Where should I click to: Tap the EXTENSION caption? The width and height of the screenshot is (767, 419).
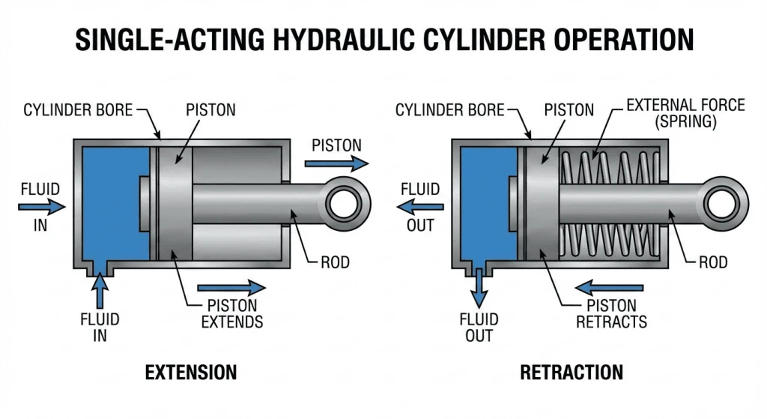191,373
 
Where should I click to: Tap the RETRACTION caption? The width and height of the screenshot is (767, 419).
572,373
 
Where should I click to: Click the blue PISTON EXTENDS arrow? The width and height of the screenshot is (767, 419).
231,287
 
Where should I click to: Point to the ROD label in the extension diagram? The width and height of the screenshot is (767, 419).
335,263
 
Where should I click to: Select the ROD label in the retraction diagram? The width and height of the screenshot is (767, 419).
713,263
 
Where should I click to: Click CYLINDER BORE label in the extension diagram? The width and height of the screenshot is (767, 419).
78,111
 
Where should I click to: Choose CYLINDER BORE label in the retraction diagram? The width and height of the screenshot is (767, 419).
449,111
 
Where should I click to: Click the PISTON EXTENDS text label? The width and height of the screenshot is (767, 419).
231,314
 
